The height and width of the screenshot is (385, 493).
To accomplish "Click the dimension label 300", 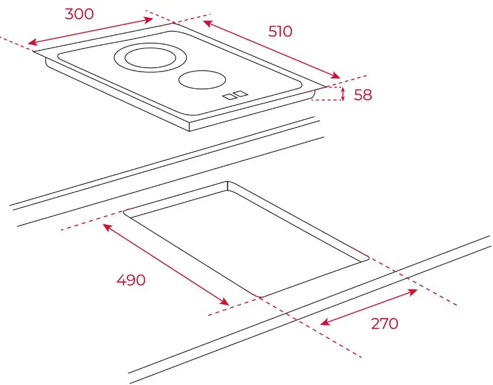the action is click(79, 14).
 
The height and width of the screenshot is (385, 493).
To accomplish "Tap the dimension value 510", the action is click(280, 32).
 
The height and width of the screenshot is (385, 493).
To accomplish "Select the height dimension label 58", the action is click(363, 95).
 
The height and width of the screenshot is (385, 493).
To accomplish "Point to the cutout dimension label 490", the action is click(131, 280).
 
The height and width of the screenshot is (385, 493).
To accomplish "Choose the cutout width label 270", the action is click(385, 323).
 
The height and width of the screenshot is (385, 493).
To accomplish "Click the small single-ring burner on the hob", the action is click(202, 80).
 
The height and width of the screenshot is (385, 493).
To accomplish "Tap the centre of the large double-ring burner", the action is click(150, 57).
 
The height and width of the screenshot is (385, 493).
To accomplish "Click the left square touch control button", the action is click(229, 97).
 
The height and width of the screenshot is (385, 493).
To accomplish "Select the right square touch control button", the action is click(241, 93).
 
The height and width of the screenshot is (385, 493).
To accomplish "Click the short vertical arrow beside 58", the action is click(343, 94).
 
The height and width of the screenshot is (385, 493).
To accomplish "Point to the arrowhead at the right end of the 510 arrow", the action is click(336, 76).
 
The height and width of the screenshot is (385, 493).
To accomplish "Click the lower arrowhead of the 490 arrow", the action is click(224, 302).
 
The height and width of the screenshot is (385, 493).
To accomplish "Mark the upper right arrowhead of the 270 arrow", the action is click(413, 292).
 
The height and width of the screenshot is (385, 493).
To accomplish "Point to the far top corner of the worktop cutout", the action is click(228, 182).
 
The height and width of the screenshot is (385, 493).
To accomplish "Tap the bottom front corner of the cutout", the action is click(260, 296).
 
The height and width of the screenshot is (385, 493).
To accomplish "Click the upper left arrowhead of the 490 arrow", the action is click(108, 227).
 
